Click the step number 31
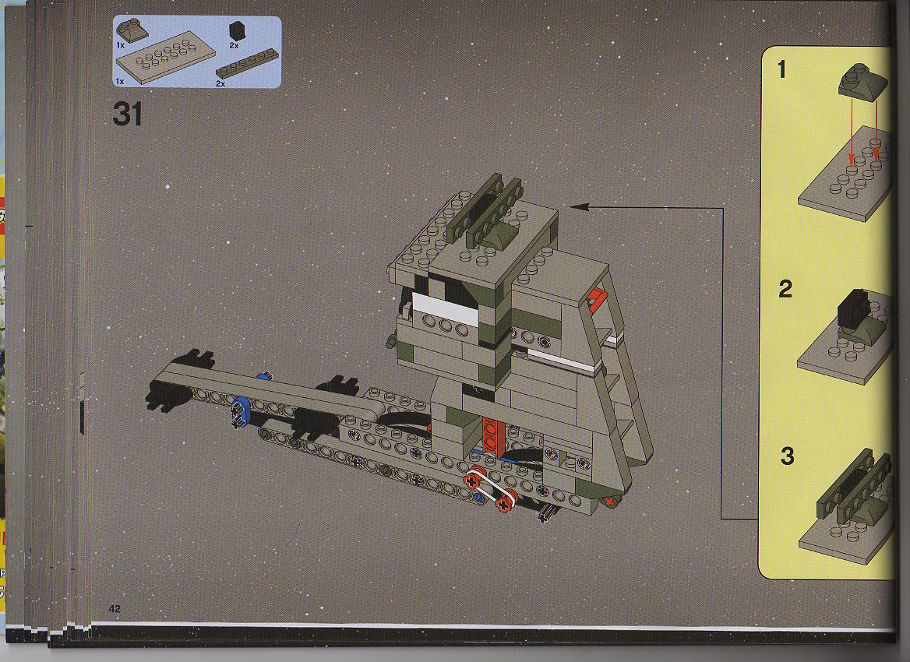tap(128, 114)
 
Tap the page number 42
tap(115, 608)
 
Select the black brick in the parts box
tap(236, 30)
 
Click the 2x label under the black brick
tap(234, 44)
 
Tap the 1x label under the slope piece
tap(120, 44)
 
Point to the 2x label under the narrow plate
tap(220, 83)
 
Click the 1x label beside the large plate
tap(120, 82)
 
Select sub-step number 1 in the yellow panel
tap(781, 69)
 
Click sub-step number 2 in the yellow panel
tap(785, 289)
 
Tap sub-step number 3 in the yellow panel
tap(787, 456)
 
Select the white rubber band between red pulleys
tap(491, 488)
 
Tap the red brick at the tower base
tap(490, 435)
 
